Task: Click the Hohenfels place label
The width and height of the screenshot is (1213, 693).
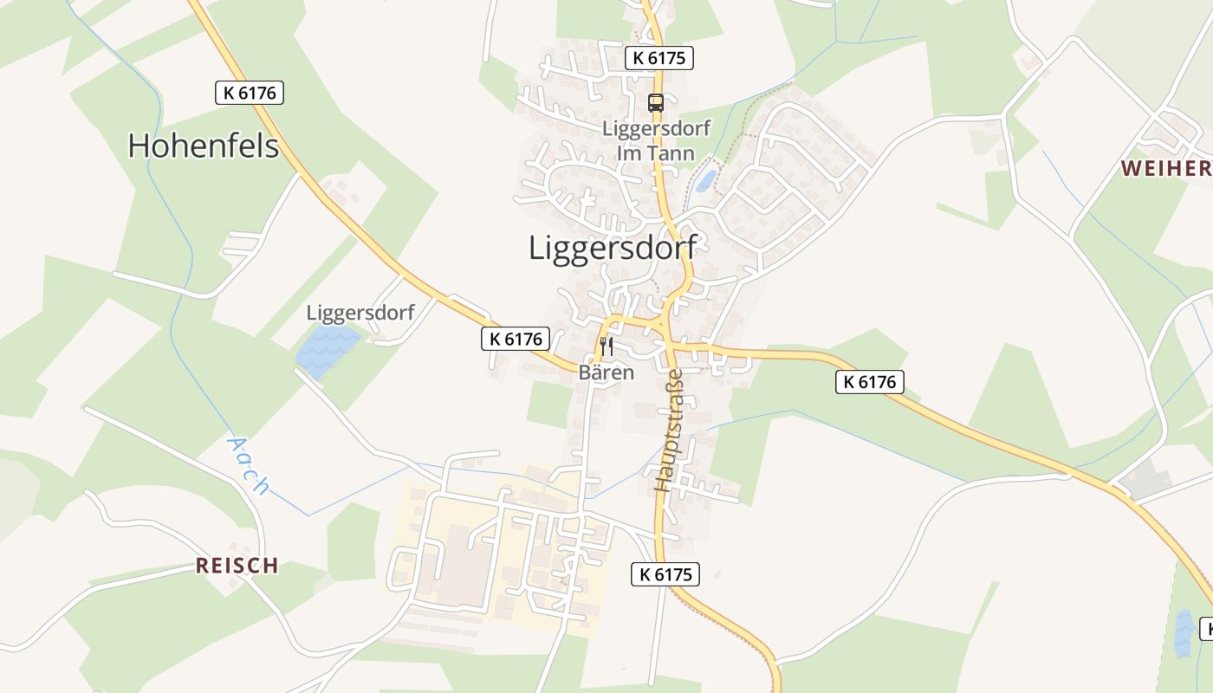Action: tap(204, 146)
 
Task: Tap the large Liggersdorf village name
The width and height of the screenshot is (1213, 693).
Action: tap(613, 248)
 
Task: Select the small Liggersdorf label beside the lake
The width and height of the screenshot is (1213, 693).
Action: tap(360, 313)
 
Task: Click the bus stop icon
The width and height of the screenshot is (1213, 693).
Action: tap(656, 103)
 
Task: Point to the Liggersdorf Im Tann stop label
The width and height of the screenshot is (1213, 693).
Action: tap(656, 141)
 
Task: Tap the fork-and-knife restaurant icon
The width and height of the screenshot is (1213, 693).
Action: tap(606, 346)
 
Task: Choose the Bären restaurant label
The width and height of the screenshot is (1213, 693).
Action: tap(606, 373)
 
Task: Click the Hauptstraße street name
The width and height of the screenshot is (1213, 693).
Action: tap(669, 431)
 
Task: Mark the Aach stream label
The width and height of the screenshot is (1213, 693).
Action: tap(248, 465)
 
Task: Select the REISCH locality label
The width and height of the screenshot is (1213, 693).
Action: tap(237, 566)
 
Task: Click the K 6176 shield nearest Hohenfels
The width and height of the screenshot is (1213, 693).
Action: tap(250, 93)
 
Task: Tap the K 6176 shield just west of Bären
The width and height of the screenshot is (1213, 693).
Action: tap(516, 339)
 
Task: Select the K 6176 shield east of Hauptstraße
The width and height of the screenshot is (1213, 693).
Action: tap(869, 381)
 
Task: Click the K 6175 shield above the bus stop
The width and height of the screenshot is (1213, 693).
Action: tap(659, 58)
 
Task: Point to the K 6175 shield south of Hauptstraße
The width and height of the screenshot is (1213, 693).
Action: tap(665, 573)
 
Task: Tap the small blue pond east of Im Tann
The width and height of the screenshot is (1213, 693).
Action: tap(707, 180)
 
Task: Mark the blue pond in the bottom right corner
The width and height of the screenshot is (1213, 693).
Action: tap(1183, 633)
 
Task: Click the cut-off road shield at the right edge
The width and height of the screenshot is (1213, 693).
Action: tap(1205, 628)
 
